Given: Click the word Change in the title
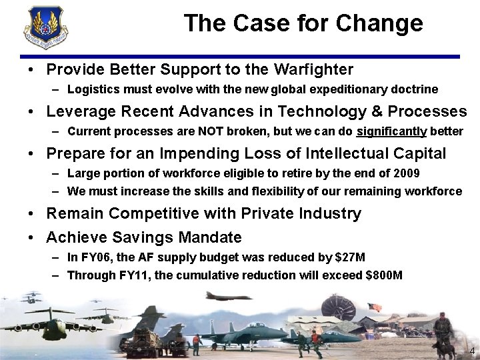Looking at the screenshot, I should coord(379,23).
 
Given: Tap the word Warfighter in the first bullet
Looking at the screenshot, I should coord(311,69).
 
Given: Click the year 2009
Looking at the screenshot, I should coord(405,174).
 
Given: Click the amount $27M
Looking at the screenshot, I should coord(349,257).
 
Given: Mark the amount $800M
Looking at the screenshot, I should coord(383,275).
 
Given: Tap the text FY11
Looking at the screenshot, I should coord(129,275).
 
